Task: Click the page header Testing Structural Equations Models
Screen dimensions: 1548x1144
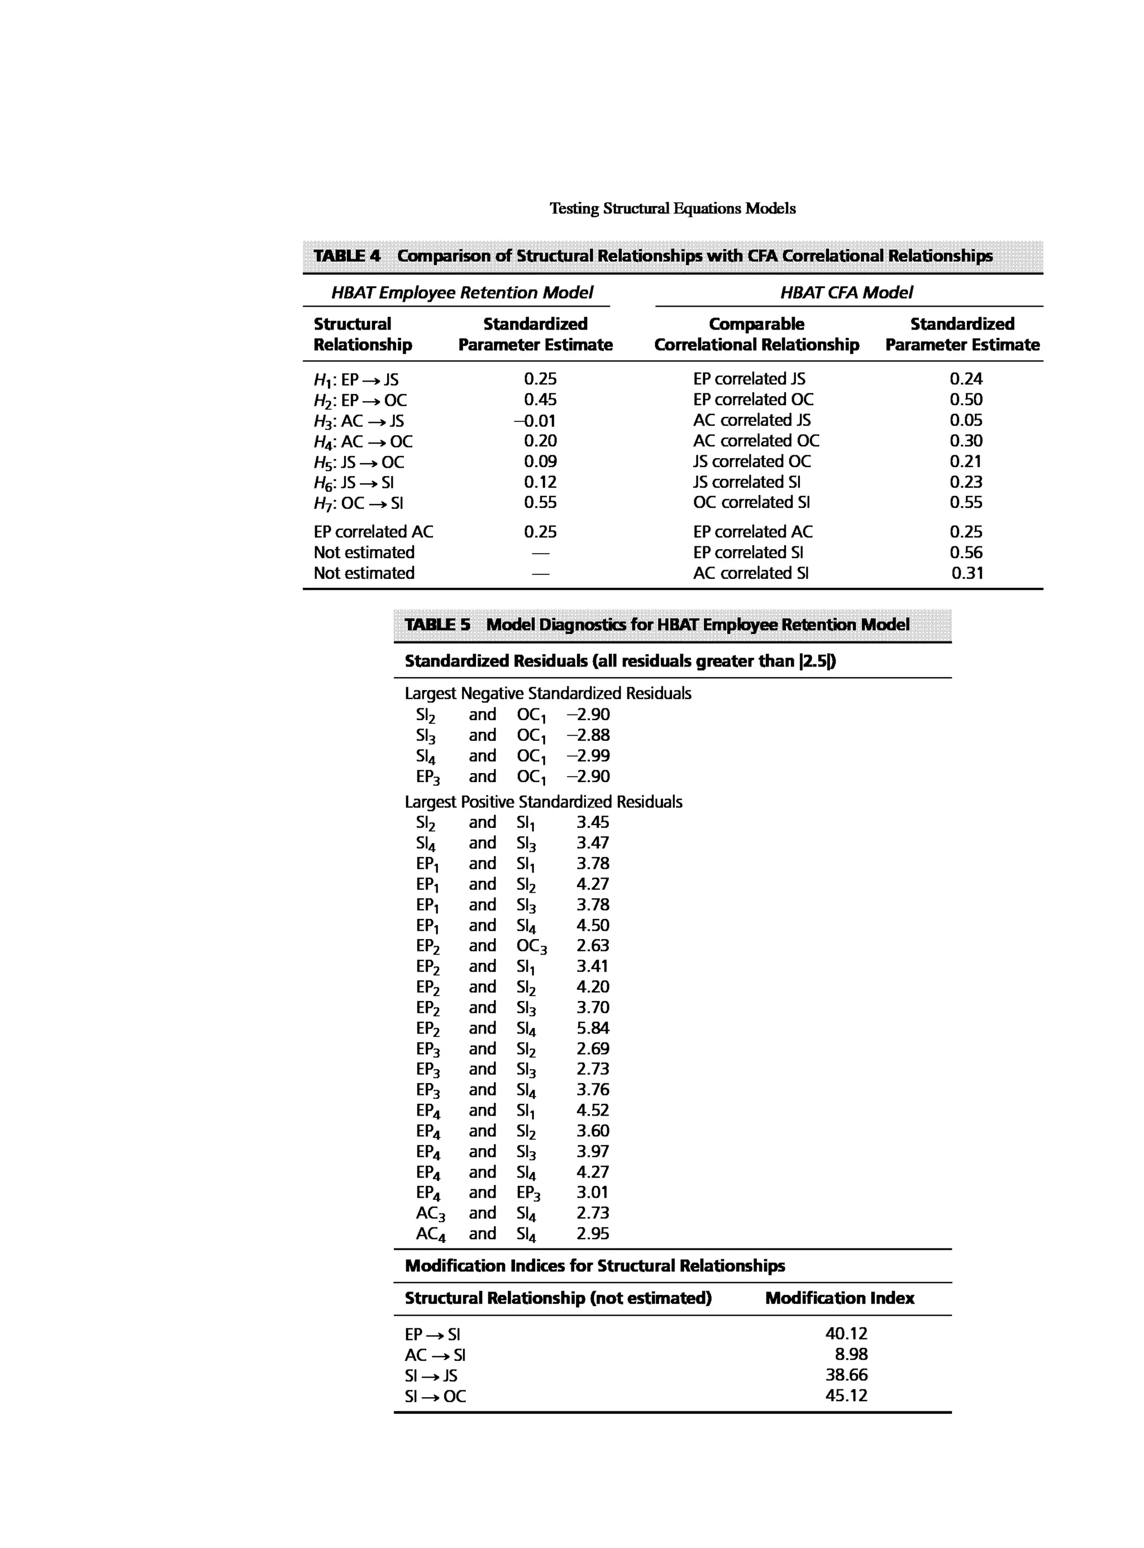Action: [672, 208]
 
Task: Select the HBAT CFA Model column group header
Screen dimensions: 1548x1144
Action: [846, 293]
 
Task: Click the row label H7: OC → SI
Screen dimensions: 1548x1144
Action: [358, 503]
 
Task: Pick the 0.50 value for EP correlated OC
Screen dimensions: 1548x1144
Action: [965, 399]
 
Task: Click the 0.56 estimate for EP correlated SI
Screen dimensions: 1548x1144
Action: [965, 552]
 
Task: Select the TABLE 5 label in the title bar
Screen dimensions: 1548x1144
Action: [437, 625]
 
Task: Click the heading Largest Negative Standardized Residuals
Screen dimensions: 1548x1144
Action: [547, 693]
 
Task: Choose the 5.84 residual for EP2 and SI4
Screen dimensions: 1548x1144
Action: [592, 1028]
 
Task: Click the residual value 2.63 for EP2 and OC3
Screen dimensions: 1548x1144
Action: [592, 945]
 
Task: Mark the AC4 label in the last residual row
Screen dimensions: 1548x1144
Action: [430, 1233]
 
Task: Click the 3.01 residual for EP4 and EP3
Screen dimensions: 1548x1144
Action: [592, 1192]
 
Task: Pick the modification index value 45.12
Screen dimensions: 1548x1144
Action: [846, 1395]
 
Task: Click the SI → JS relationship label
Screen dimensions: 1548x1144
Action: [431, 1375]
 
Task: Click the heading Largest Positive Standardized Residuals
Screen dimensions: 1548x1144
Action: [543, 802]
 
